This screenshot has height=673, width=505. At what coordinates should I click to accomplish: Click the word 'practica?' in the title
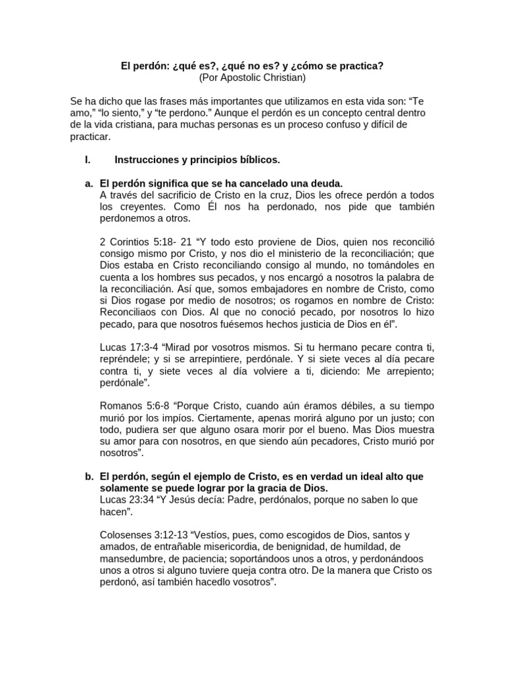click(x=362, y=66)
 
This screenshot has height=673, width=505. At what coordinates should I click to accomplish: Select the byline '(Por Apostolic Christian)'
click(x=252, y=78)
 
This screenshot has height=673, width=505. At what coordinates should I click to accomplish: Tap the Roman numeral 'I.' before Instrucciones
click(x=87, y=159)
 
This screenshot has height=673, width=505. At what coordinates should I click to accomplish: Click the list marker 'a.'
click(x=89, y=183)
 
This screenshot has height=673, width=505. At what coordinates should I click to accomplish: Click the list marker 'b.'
click(x=89, y=476)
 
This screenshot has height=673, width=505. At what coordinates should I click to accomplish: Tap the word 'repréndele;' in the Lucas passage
click(x=125, y=358)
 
